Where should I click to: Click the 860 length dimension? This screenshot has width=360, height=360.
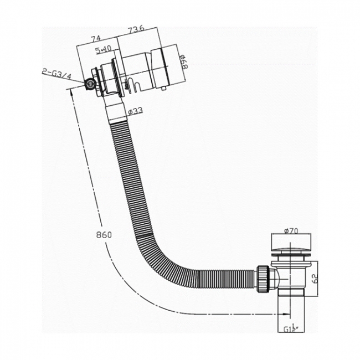(x=104, y=235)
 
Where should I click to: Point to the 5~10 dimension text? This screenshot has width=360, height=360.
(x=102, y=50)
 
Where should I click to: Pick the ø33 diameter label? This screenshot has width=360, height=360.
(x=136, y=110)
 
